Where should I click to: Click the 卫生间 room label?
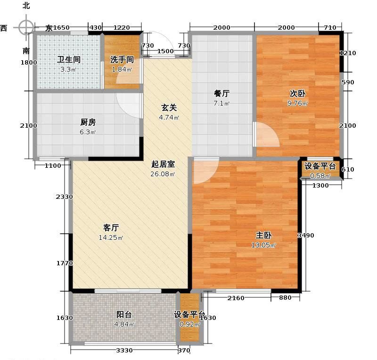click(x=69, y=60)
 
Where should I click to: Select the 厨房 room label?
click(x=88, y=122)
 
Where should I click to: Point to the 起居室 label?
click(x=163, y=164)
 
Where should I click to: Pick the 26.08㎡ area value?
click(x=163, y=174)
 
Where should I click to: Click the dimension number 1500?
click(x=165, y=51)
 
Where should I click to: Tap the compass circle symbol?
click(x=26, y=27)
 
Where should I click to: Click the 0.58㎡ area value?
click(x=320, y=176)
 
